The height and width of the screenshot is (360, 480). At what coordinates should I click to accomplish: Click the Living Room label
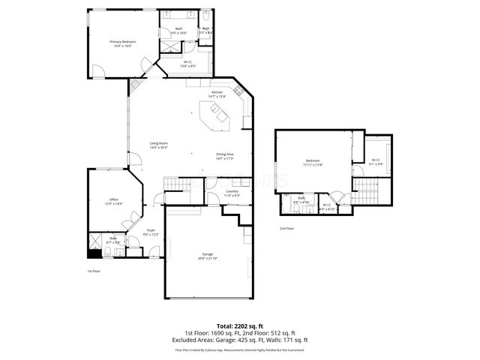158,145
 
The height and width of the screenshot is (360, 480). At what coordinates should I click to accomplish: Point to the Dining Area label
225,156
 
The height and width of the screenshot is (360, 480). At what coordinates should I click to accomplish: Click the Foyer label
151,232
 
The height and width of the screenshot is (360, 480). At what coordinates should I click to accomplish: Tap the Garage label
208,256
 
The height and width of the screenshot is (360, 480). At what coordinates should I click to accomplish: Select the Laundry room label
232,193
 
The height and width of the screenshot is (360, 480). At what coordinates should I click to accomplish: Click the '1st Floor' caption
94,271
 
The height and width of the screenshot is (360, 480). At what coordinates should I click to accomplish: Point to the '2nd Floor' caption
286,228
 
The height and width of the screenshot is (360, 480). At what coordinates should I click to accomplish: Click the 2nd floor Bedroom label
313,163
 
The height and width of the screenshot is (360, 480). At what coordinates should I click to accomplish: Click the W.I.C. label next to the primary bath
187,64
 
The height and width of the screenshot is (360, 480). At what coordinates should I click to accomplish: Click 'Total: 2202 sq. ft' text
239,326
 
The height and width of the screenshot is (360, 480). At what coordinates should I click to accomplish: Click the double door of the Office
132,218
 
